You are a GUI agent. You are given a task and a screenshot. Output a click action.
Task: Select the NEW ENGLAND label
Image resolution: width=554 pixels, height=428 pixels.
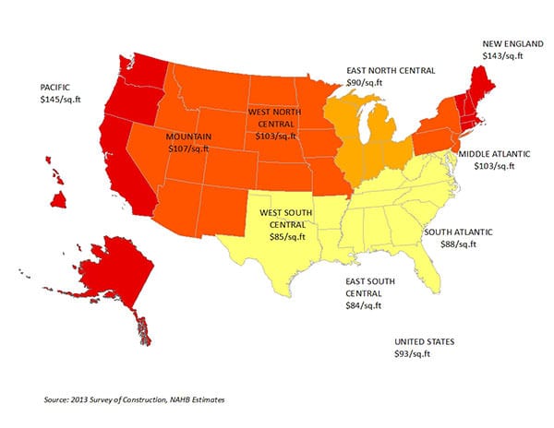[x=507, y=43]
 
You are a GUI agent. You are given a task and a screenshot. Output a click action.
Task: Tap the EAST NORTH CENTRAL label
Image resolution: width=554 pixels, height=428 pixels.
[x=391, y=69]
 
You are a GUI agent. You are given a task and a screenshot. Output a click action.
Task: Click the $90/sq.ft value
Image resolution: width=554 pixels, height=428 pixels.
[x=367, y=82]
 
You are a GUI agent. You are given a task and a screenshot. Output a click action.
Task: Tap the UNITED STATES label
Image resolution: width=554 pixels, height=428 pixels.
[x=424, y=341]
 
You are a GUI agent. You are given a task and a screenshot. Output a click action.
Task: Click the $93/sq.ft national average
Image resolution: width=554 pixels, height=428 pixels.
[x=413, y=354]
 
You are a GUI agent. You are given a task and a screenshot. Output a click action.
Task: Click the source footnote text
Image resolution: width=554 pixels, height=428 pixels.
[x=134, y=400]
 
